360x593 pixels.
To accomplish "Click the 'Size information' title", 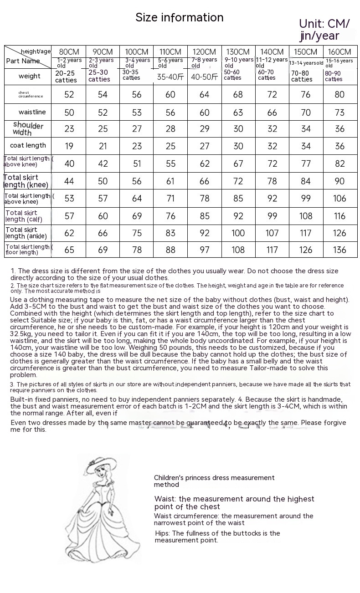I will pos(180,18).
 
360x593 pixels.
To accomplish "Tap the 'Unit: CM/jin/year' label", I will pos(324,30).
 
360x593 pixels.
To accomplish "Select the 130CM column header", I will pos(238,52).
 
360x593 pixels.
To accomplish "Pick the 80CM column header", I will pos(69,52).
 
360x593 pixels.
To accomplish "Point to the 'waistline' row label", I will pos(32,112).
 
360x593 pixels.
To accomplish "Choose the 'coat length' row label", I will pos(28,146).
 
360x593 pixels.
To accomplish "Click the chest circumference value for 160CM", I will pos(340,95).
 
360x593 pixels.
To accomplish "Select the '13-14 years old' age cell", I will pos(306,63).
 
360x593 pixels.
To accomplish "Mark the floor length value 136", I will pos(340,250).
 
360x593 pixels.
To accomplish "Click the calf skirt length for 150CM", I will pos(306,216).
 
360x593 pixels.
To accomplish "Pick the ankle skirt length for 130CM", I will pos(238,233).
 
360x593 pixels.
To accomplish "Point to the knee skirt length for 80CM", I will pos(69,181).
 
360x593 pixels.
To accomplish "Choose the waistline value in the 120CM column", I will pos(204,112).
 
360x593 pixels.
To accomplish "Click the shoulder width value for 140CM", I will pos(272,129).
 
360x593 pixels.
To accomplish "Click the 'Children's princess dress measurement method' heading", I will pos(214,481).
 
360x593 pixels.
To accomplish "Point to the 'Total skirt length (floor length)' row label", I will pos(28,250).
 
